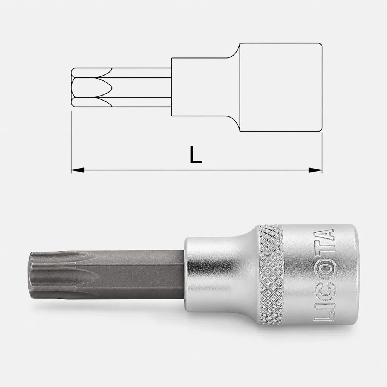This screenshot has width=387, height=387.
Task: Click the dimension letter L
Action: click(x=196, y=155)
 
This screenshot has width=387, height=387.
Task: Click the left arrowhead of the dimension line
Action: click(x=77, y=170)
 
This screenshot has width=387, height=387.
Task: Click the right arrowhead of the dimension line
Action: click(x=316, y=170)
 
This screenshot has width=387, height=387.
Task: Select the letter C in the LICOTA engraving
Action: click(x=324, y=288)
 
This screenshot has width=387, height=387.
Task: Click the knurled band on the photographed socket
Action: click(x=270, y=274)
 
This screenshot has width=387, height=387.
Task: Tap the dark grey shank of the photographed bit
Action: click(x=138, y=275)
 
